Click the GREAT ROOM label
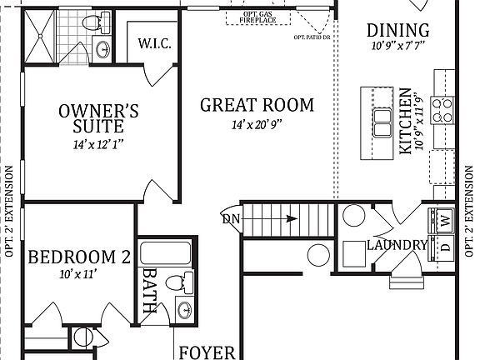(257, 106)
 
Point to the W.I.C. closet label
(155, 42)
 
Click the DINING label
(398, 31)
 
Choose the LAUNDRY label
(397, 245)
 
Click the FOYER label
(207, 352)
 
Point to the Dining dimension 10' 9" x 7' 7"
(398, 47)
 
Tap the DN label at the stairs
(232, 219)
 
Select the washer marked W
(444, 221)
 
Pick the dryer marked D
(444, 247)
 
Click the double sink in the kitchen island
(382, 122)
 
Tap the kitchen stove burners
(444, 106)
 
